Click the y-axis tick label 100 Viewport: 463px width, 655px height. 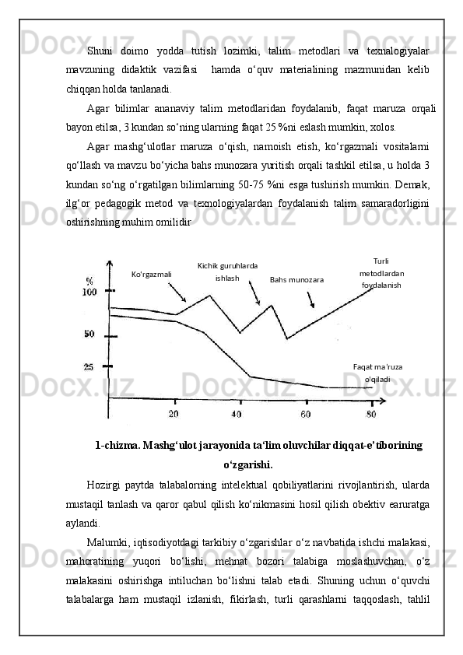tap(89, 292)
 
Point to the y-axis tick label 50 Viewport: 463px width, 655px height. tap(89, 335)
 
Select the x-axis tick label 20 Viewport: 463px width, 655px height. tap(174, 413)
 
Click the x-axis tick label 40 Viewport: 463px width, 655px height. tap(237, 413)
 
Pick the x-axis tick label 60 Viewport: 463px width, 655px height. tap(306, 413)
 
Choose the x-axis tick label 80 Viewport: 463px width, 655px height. tap(371, 413)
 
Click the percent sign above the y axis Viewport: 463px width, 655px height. tap(89, 280)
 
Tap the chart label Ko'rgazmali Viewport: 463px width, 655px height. tap(152, 274)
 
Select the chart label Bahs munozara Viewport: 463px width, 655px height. tap(296, 278)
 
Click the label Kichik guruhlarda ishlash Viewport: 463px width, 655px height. tap(228, 271)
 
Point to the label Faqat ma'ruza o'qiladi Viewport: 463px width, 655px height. tap(378, 373)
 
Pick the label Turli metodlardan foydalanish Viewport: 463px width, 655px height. tap(381, 273)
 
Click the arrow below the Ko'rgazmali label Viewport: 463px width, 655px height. tap(177, 293)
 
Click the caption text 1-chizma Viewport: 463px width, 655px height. tap(117, 445)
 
